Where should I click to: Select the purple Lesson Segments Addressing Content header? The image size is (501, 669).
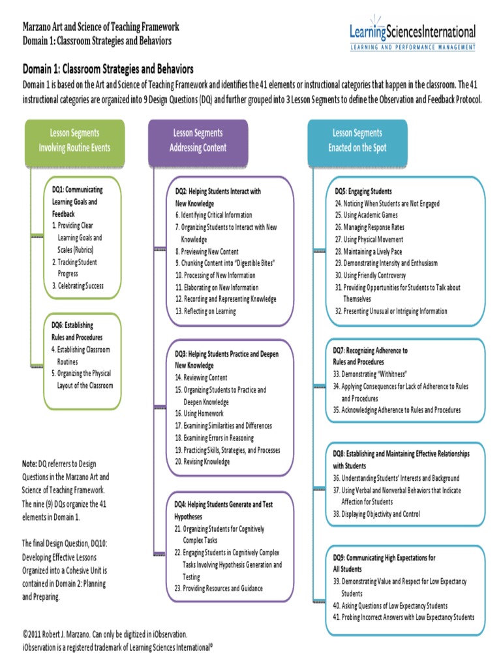point(198,140)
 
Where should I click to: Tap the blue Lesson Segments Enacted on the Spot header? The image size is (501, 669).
point(357,140)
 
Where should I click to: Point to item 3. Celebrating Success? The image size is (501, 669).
point(78,286)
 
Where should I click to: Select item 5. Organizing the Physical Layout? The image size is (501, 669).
point(82,380)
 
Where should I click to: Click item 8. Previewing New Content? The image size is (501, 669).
point(207,252)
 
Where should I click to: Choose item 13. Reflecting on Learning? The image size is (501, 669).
point(205,311)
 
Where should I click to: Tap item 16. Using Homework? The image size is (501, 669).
point(199,414)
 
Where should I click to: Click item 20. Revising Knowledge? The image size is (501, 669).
point(202,461)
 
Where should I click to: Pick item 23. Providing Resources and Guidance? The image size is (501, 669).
point(219,589)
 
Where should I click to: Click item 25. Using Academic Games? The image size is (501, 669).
point(366,215)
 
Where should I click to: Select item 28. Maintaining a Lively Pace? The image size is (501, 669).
point(369,251)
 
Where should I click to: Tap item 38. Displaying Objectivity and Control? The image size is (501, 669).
point(376,514)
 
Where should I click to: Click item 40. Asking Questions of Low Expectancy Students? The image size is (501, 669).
point(390,606)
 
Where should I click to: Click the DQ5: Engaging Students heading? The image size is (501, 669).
point(363,191)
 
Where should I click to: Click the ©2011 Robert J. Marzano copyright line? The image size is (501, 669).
point(105,634)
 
